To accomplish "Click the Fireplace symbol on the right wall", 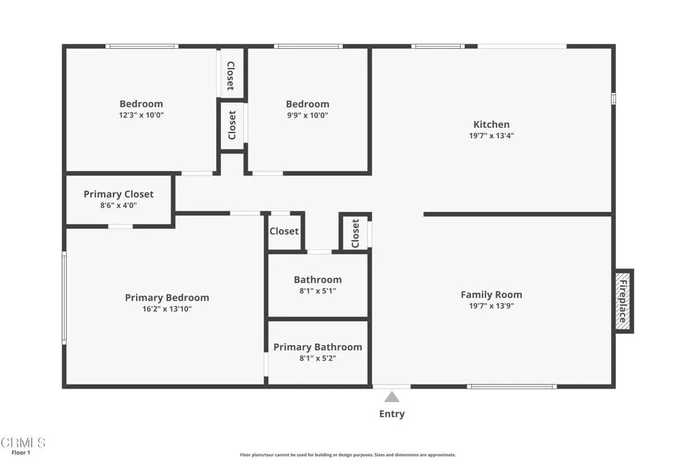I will coord(623,301).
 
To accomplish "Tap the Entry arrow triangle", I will coord(391,397).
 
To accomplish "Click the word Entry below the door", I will coord(391,414).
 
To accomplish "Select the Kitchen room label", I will coord(491,124).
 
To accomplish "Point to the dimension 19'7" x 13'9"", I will coord(491,306).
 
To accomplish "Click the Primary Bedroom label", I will coord(167,298).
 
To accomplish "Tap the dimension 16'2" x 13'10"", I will coord(167,309).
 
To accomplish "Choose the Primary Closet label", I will coord(118,194).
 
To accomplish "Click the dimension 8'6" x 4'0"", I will coord(118,205).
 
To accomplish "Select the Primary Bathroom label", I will coord(317,347).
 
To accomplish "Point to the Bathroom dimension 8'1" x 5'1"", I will coord(317,291).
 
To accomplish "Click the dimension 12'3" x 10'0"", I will coord(141,115).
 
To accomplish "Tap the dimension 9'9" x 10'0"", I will coord(307,115).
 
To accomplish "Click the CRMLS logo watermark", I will coord(23,443).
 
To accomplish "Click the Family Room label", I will coord(491,295).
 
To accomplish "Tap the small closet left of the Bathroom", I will coord(284,231).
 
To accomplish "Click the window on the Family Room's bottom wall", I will coord(511,387).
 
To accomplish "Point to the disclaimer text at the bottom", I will coord(347,455).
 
